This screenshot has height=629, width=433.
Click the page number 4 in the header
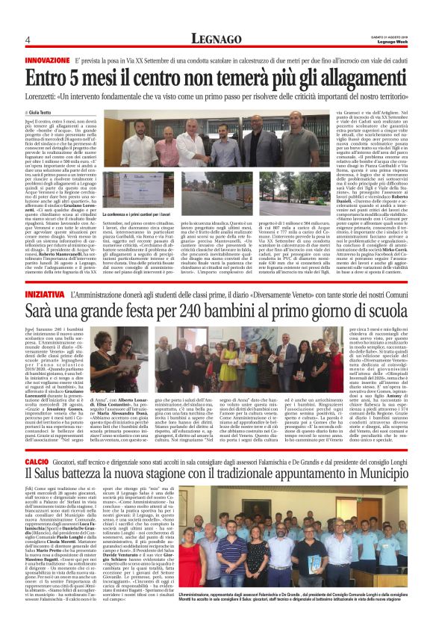(x=27, y=39)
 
